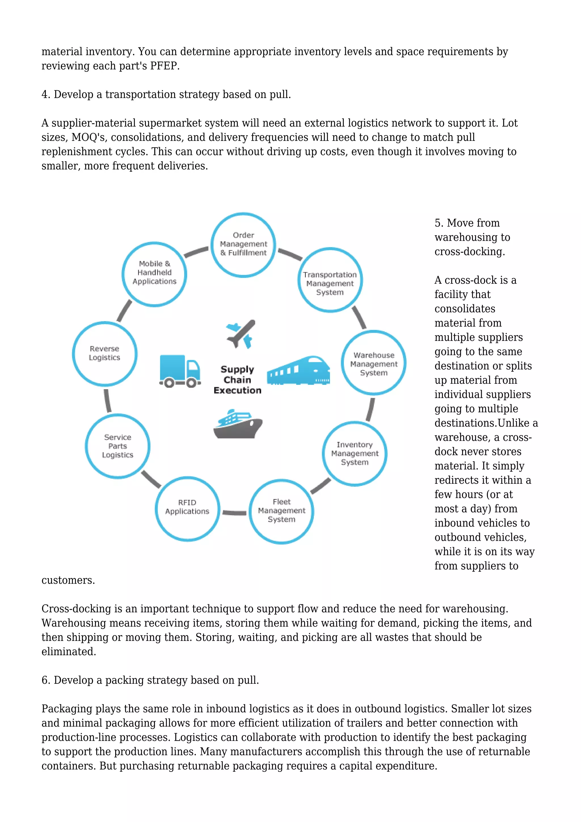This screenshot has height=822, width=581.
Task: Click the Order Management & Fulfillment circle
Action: (x=243, y=245)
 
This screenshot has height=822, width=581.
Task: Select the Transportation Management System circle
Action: (x=330, y=280)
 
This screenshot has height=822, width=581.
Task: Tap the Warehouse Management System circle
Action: (x=374, y=363)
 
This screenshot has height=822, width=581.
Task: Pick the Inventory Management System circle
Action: (x=355, y=454)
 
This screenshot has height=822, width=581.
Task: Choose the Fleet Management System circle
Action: (x=281, y=511)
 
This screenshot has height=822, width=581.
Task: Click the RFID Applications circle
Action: (x=187, y=508)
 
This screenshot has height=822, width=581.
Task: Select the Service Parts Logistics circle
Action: (x=117, y=446)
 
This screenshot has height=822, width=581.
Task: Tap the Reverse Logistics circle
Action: (x=104, y=353)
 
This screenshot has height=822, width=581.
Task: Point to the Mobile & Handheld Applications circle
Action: (x=154, y=274)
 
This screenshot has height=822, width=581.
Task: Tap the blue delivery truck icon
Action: (x=179, y=371)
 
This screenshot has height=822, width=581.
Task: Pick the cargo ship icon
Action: (x=237, y=424)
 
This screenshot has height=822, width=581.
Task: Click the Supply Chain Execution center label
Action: (x=237, y=380)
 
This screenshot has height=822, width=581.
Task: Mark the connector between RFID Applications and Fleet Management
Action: (x=234, y=513)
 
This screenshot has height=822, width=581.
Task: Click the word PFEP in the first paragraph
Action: (x=164, y=66)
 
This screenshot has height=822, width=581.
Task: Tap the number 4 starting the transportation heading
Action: (x=45, y=95)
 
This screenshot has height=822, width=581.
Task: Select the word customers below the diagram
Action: (x=68, y=580)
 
